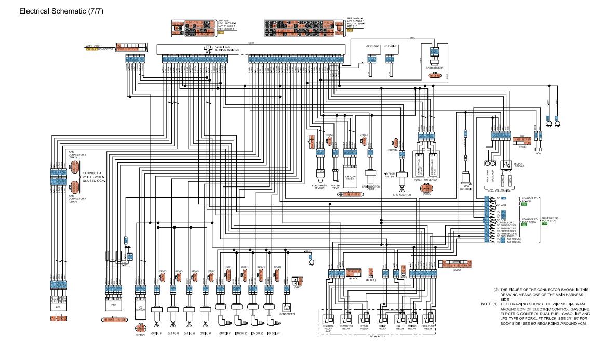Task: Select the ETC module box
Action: (x=113, y=302)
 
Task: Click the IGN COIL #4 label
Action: (x=271, y=333)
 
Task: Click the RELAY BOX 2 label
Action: (x=378, y=336)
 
